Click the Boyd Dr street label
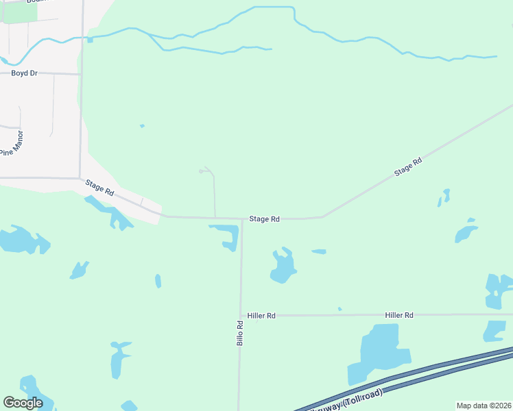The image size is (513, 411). pyautogui.click(x=24, y=73)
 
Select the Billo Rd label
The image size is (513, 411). pyautogui.click(x=240, y=333)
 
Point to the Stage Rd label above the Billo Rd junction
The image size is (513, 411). pyautogui.click(x=265, y=219)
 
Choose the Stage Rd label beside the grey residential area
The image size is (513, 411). pyautogui.click(x=99, y=188)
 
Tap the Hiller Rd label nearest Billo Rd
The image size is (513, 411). pyautogui.click(x=262, y=316)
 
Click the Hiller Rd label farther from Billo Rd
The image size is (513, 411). pyautogui.click(x=399, y=315)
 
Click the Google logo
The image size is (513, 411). pyautogui.click(x=23, y=403)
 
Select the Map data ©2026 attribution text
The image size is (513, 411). pyautogui.click(x=484, y=406)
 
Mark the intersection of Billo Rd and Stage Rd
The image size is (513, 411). pyautogui.click(x=242, y=219)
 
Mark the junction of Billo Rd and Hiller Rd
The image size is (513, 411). pyautogui.click(x=241, y=316)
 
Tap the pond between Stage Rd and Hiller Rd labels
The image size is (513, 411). pyautogui.click(x=282, y=266)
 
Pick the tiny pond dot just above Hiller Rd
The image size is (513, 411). pyautogui.click(x=339, y=309)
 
